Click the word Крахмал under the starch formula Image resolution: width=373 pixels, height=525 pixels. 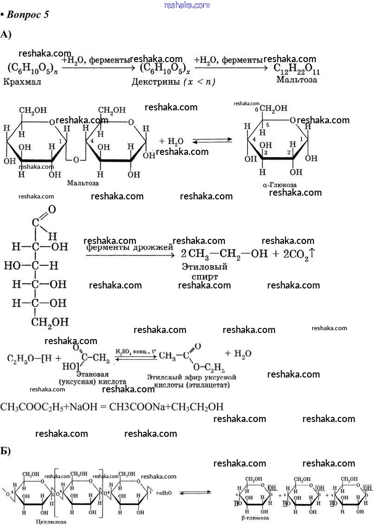pyautogui.click(x=22, y=83)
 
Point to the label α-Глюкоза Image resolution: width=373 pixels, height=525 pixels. pyautogui.click(x=279, y=185)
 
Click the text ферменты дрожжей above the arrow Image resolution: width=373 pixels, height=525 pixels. pyautogui.click(x=129, y=248)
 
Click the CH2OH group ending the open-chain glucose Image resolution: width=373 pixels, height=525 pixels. pyautogui.click(x=50, y=321)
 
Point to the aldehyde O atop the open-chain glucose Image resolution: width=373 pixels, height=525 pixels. pyautogui.click(x=51, y=210)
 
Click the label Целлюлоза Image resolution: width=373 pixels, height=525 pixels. pyautogui.click(x=51, y=521)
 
